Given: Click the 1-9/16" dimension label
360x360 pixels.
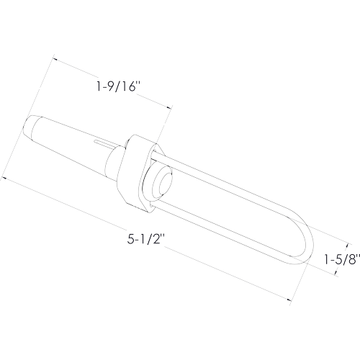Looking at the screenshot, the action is point(118,86).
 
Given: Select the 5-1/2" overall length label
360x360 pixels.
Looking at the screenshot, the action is point(145,239).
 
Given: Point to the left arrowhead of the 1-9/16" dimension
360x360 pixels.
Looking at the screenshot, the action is point(55,59).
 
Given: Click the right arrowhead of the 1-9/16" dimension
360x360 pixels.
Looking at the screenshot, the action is point(170,108).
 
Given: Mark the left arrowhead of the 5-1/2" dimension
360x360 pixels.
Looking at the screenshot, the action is point(4,178).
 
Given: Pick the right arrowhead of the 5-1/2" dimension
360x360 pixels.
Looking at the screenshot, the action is point(289,300).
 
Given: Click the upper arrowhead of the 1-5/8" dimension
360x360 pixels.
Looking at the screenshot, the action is point(346,246).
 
